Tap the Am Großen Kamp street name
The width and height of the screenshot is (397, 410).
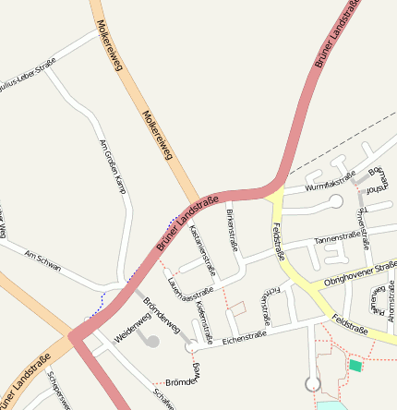click(x=112, y=167)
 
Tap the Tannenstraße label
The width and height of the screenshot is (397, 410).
click(x=337, y=237)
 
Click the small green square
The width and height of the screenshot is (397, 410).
click(x=355, y=366)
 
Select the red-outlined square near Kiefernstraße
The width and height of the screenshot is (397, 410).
click(x=237, y=307)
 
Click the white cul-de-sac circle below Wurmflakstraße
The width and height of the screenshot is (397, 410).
click(x=336, y=200)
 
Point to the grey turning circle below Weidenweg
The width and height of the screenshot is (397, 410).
click(x=152, y=342)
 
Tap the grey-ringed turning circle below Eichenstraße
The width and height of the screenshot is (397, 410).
click(x=313, y=383)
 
